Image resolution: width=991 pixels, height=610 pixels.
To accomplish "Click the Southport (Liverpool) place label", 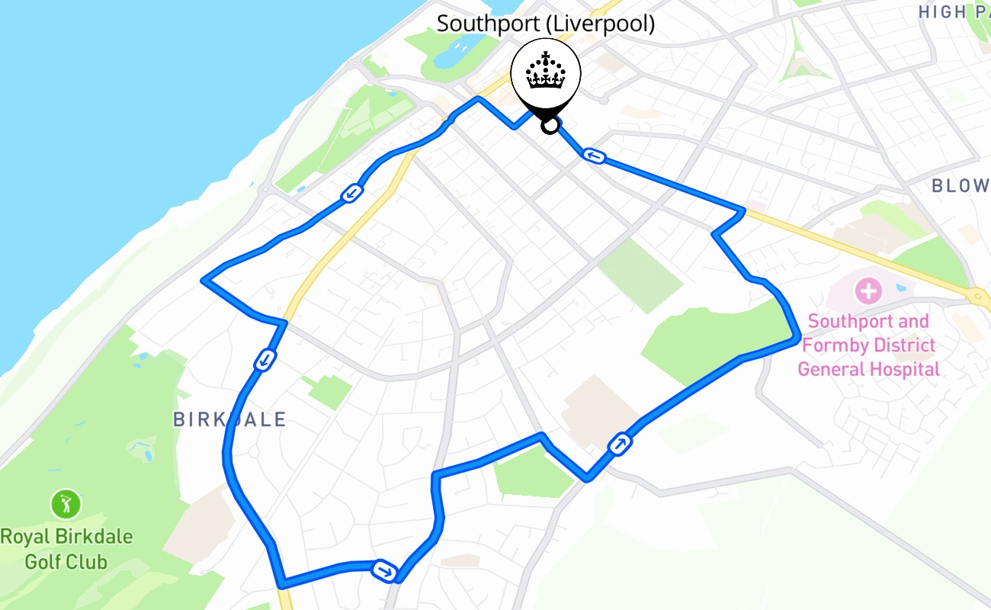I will pos(545,24).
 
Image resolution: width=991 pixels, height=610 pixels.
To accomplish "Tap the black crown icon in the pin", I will pos(546,72).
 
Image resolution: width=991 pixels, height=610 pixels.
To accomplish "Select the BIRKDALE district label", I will pos(229,419).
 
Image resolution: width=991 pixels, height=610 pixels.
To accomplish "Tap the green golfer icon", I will pos(66,503).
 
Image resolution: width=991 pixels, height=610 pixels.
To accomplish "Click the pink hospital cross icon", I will pos(868,291).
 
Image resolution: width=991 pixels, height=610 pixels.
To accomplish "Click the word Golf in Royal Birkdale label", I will pos(43,563).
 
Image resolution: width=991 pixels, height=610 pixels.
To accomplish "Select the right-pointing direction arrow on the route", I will pos(384,570).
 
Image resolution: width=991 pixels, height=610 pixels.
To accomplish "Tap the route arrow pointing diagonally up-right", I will pos(620,443).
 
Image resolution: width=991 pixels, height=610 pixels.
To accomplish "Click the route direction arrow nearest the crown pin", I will pos(595,156).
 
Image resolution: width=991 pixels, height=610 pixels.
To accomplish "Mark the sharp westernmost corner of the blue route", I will pos(203,280).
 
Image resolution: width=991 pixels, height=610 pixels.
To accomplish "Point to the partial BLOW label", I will pos(961,185).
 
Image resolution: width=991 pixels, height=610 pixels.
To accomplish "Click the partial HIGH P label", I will pos(953,12).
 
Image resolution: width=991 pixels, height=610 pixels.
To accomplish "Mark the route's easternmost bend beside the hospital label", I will pos(798,339).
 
